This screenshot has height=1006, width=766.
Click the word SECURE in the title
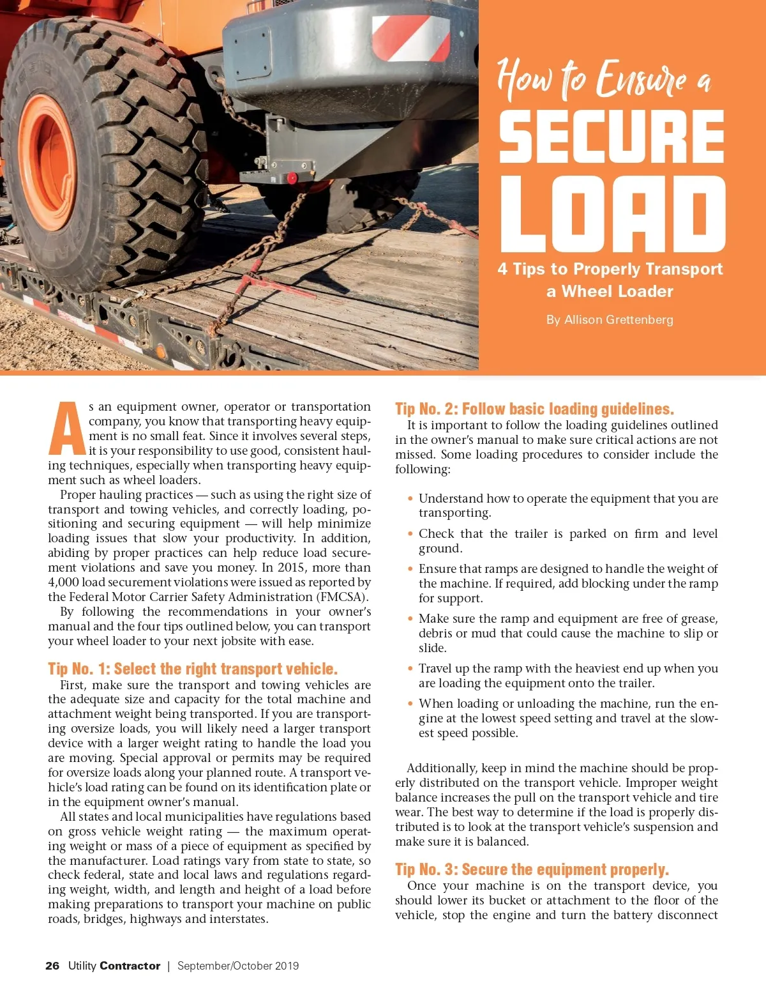611,136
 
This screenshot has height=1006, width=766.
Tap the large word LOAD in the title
612,215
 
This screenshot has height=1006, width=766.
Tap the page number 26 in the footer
52,966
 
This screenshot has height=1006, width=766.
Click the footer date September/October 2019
238,966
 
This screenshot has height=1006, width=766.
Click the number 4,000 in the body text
63,583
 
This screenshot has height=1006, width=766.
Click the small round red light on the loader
292,178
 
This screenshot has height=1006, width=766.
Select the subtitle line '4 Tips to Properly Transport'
610,269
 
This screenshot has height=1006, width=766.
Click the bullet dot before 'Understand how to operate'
410,499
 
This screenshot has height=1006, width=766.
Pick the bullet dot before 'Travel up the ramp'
410,669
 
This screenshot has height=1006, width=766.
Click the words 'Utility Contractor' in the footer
114,966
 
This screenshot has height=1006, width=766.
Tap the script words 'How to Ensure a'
603,80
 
